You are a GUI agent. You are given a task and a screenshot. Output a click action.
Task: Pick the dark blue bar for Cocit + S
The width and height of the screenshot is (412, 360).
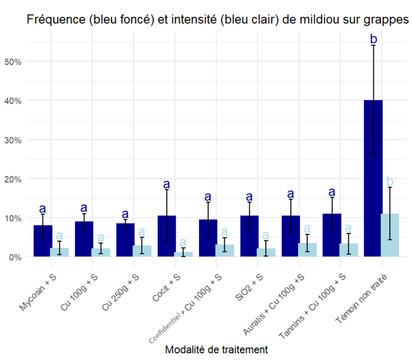(x=166, y=236)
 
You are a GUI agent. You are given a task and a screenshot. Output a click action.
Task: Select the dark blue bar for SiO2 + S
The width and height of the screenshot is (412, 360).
(x=249, y=236)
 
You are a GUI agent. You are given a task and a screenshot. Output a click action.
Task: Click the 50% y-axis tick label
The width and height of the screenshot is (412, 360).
(x=13, y=61)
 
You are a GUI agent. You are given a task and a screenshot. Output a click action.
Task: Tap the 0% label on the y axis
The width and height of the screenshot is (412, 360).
(x=15, y=257)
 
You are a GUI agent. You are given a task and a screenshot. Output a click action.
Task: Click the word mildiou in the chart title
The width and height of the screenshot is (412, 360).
(x=315, y=20)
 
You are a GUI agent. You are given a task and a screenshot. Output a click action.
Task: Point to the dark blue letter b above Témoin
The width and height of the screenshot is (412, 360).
(x=373, y=40)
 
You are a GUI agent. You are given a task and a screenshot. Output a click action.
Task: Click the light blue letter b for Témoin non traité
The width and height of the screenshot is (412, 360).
(x=390, y=181)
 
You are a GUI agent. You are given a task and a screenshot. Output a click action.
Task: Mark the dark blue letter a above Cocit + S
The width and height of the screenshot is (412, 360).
(x=166, y=184)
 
